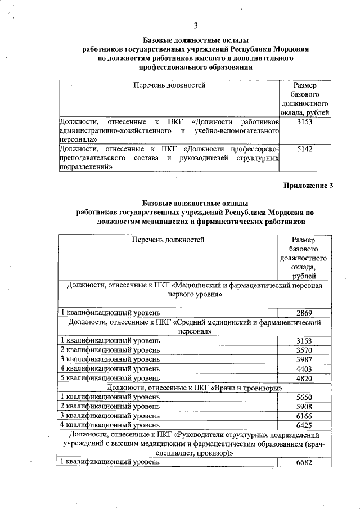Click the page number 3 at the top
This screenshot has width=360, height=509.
(195, 25)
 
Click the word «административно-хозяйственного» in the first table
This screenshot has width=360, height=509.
(110, 130)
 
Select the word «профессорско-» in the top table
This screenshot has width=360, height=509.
(255, 149)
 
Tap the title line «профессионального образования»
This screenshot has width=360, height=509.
(195, 67)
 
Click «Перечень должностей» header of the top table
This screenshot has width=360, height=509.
(169, 85)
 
